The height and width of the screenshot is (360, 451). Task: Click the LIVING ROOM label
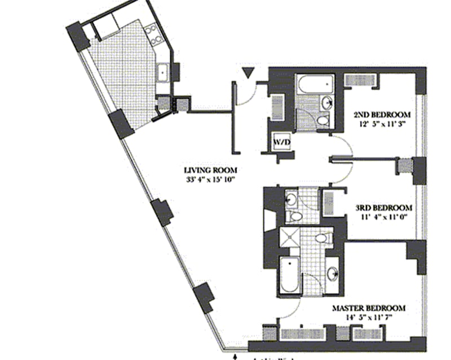(210, 170)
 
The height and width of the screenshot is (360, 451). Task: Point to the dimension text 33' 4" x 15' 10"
(210, 181)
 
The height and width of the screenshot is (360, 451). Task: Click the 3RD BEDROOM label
(383, 207)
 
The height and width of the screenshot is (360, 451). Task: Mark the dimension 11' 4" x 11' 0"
(383, 216)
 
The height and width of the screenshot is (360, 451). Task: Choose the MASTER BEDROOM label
(369, 308)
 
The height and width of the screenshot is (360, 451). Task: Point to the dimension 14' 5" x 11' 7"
(369, 318)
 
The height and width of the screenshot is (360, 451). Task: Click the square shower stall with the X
(289, 237)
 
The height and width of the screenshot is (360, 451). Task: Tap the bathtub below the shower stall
(289, 274)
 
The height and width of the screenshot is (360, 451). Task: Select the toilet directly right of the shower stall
(322, 239)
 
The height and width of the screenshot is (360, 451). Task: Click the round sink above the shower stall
(291, 198)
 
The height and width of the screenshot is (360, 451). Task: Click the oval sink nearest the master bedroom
(333, 274)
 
